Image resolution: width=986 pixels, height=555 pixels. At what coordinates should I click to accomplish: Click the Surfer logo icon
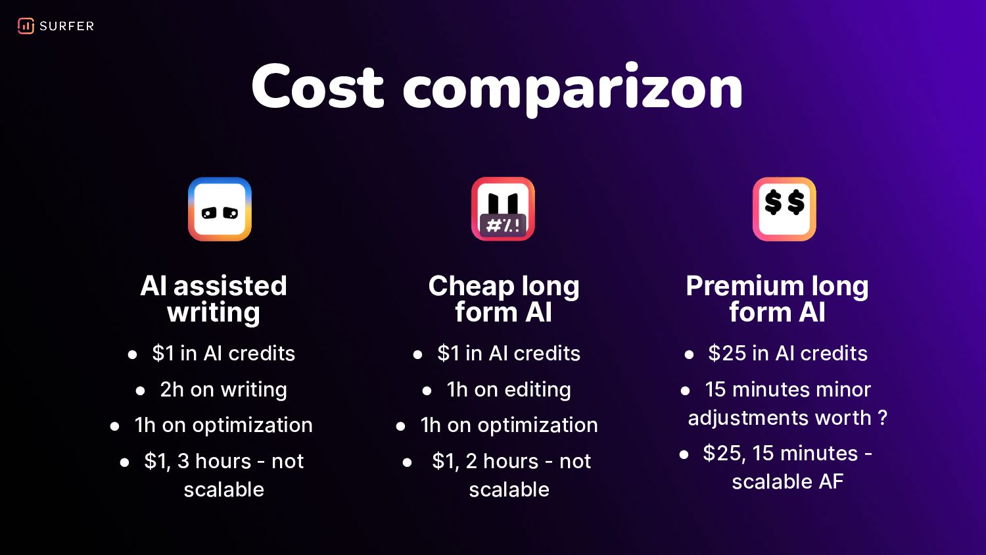click(x=26, y=26)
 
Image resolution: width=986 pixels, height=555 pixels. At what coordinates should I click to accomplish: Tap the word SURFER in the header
click(x=67, y=26)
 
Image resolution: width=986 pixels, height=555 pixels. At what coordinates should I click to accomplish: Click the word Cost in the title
click(x=317, y=87)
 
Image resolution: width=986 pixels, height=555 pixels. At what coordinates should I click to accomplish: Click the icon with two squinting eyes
click(x=220, y=209)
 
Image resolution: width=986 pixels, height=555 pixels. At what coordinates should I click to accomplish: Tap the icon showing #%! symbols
click(x=503, y=209)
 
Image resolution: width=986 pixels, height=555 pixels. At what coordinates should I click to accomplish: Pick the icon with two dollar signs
click(x=784, y=209)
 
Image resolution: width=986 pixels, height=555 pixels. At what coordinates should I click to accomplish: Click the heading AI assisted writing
click(x=214, y=299)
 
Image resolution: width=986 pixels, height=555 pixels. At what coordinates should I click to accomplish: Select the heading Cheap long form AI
click(x=504, y=299)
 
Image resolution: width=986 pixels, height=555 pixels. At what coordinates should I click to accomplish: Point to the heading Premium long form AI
click(x=778, y=299)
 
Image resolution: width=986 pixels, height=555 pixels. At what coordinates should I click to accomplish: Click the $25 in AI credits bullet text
click(x=788, y=353)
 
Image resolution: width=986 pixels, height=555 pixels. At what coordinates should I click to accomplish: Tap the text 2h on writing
click(x=223, y=390)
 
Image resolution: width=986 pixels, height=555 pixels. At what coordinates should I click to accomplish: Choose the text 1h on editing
click(x=509, y=390)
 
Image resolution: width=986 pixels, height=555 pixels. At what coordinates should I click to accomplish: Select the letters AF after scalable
click(x=831, y=481)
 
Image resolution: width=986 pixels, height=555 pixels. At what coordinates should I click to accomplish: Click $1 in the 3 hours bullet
click(x=157, y=462)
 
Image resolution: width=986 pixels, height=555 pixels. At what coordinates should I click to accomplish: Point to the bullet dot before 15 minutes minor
click(x=685, y=391)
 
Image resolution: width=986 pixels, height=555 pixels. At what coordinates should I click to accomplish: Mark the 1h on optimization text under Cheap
click(x=509, y=425)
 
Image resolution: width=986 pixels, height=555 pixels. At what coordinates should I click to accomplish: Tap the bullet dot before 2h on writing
click(x=141, y=391)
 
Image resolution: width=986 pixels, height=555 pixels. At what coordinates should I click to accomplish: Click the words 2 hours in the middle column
click(x=502, y=462)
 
